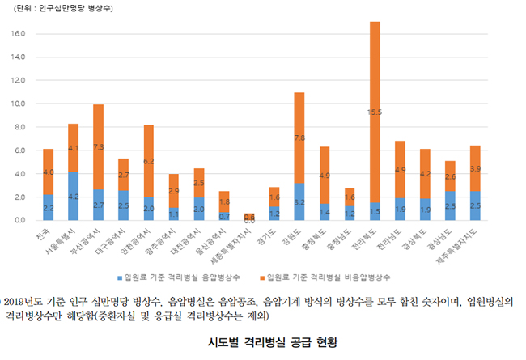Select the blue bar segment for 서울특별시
[73, 195]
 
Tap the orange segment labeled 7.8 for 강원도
[299, 138]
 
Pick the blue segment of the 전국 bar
[48, 207]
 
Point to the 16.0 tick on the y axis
[17, 34]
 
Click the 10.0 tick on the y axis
[17, 104]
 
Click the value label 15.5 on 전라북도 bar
[375, 112]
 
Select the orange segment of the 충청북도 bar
[325, 175]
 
